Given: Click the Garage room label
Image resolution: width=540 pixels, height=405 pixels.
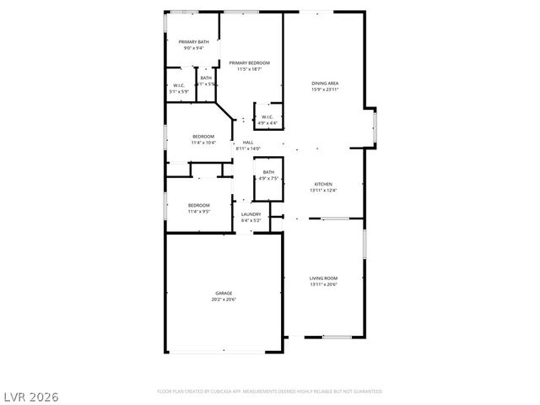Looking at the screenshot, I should pyautogui.click(x=224, y=293).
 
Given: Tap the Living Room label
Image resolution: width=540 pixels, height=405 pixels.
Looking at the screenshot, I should pyautogui.click(x=323, y=278).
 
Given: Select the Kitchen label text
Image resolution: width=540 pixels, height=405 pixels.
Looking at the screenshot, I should pyautogui.click(x=323, y=183).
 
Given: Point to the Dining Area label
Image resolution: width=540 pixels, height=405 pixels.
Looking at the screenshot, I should pyautogui.click(x=325, y=84).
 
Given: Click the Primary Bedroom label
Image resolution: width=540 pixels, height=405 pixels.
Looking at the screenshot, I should pyautogui.click(x=251, y=62).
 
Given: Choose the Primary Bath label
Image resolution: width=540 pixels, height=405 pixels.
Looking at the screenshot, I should pyautogui.click(x=193, y=41).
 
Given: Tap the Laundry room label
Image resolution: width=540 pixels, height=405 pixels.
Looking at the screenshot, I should pyautogui.click(x=251, y=213).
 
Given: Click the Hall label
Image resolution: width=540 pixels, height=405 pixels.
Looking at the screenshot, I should pyautogui.click(x=248, y=143).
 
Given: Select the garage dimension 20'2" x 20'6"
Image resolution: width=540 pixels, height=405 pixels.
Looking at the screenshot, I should pyautogui.click(x=224, y=300).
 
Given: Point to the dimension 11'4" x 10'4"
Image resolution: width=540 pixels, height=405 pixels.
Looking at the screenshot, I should pyautogui.click(x=203, y=143).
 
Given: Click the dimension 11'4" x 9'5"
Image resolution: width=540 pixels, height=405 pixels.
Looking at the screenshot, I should pyautogui.click(x=199, y=212).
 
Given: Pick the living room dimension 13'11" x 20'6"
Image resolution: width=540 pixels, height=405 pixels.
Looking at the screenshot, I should pyautogui.click(x=323, y=284).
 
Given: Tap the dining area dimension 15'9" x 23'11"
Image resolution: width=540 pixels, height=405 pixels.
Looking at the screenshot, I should pyautogui.click(x=325, y=89).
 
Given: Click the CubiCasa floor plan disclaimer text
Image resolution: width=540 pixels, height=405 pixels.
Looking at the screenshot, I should pyautogui.click(x=269, y=391).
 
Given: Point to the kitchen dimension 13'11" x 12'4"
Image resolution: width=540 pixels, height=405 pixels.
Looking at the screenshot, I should pyautogui.click(x=323, y=190).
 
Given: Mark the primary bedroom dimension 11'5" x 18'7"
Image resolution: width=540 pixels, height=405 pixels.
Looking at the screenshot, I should pyautogui.click(x=251, y=69).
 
